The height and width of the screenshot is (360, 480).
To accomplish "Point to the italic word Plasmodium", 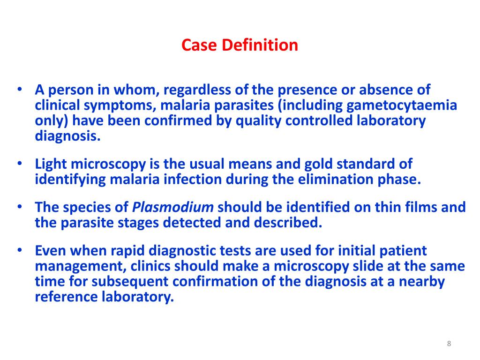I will (x=173, y=207).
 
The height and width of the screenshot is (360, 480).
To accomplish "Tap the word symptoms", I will (x=118, y=105).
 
